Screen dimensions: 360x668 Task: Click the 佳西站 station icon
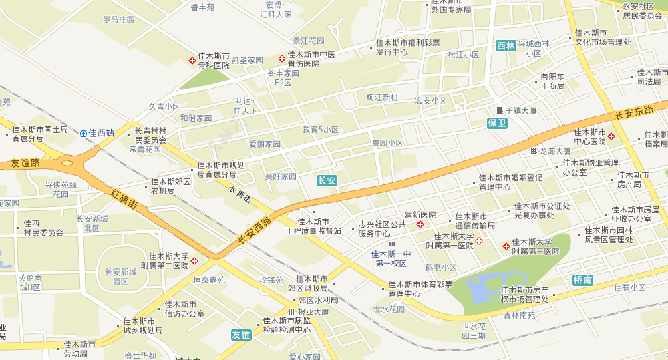[83, 133]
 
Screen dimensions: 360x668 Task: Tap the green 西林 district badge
[506, 46]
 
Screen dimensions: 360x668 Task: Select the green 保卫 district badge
[498, 123]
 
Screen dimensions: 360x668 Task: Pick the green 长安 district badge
[327, 180]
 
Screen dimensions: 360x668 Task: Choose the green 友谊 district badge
[241, 335]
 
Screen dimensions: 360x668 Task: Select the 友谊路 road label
[26, 163]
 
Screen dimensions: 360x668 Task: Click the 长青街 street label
[240, 195]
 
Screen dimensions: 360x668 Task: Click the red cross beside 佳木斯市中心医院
[611, 136]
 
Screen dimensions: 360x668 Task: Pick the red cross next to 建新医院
[420, 224]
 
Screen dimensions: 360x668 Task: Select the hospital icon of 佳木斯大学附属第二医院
[194, 261]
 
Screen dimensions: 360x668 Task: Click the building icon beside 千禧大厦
[499, 110]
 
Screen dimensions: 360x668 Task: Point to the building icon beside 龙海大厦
[533, 152]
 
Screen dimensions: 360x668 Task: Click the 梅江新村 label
[382, 98]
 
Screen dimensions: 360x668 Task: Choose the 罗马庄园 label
[118, 20]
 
